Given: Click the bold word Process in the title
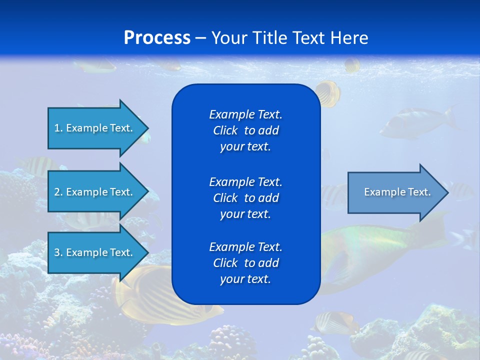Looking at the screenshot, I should point(157,38).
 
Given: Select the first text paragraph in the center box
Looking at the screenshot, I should point(245,130).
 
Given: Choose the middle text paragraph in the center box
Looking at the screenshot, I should point(245,198).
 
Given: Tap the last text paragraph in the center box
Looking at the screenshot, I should point(245,263).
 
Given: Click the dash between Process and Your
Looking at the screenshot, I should point(201,38).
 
